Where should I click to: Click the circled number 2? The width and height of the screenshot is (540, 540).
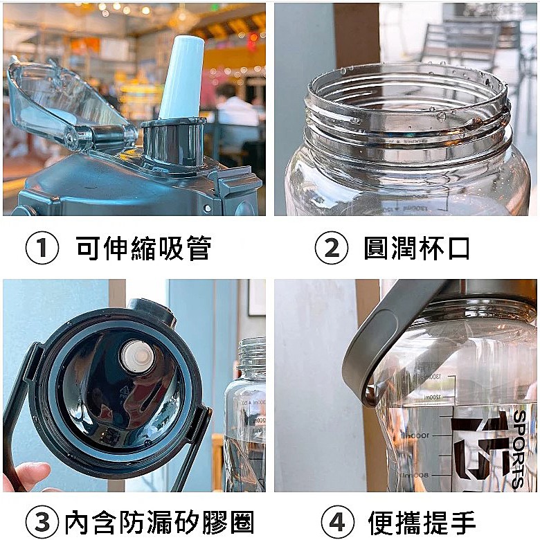(x=331, y=249)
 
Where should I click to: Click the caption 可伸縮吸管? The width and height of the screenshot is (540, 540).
(x=143, y=249)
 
